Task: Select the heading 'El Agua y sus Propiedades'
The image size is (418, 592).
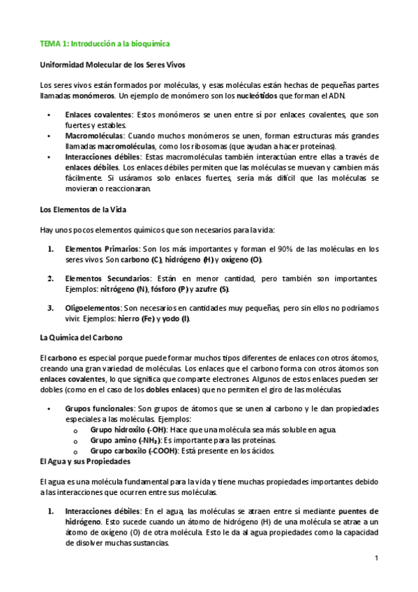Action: tap(84, 461)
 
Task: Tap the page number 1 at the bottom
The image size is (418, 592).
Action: tap(376, 558)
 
